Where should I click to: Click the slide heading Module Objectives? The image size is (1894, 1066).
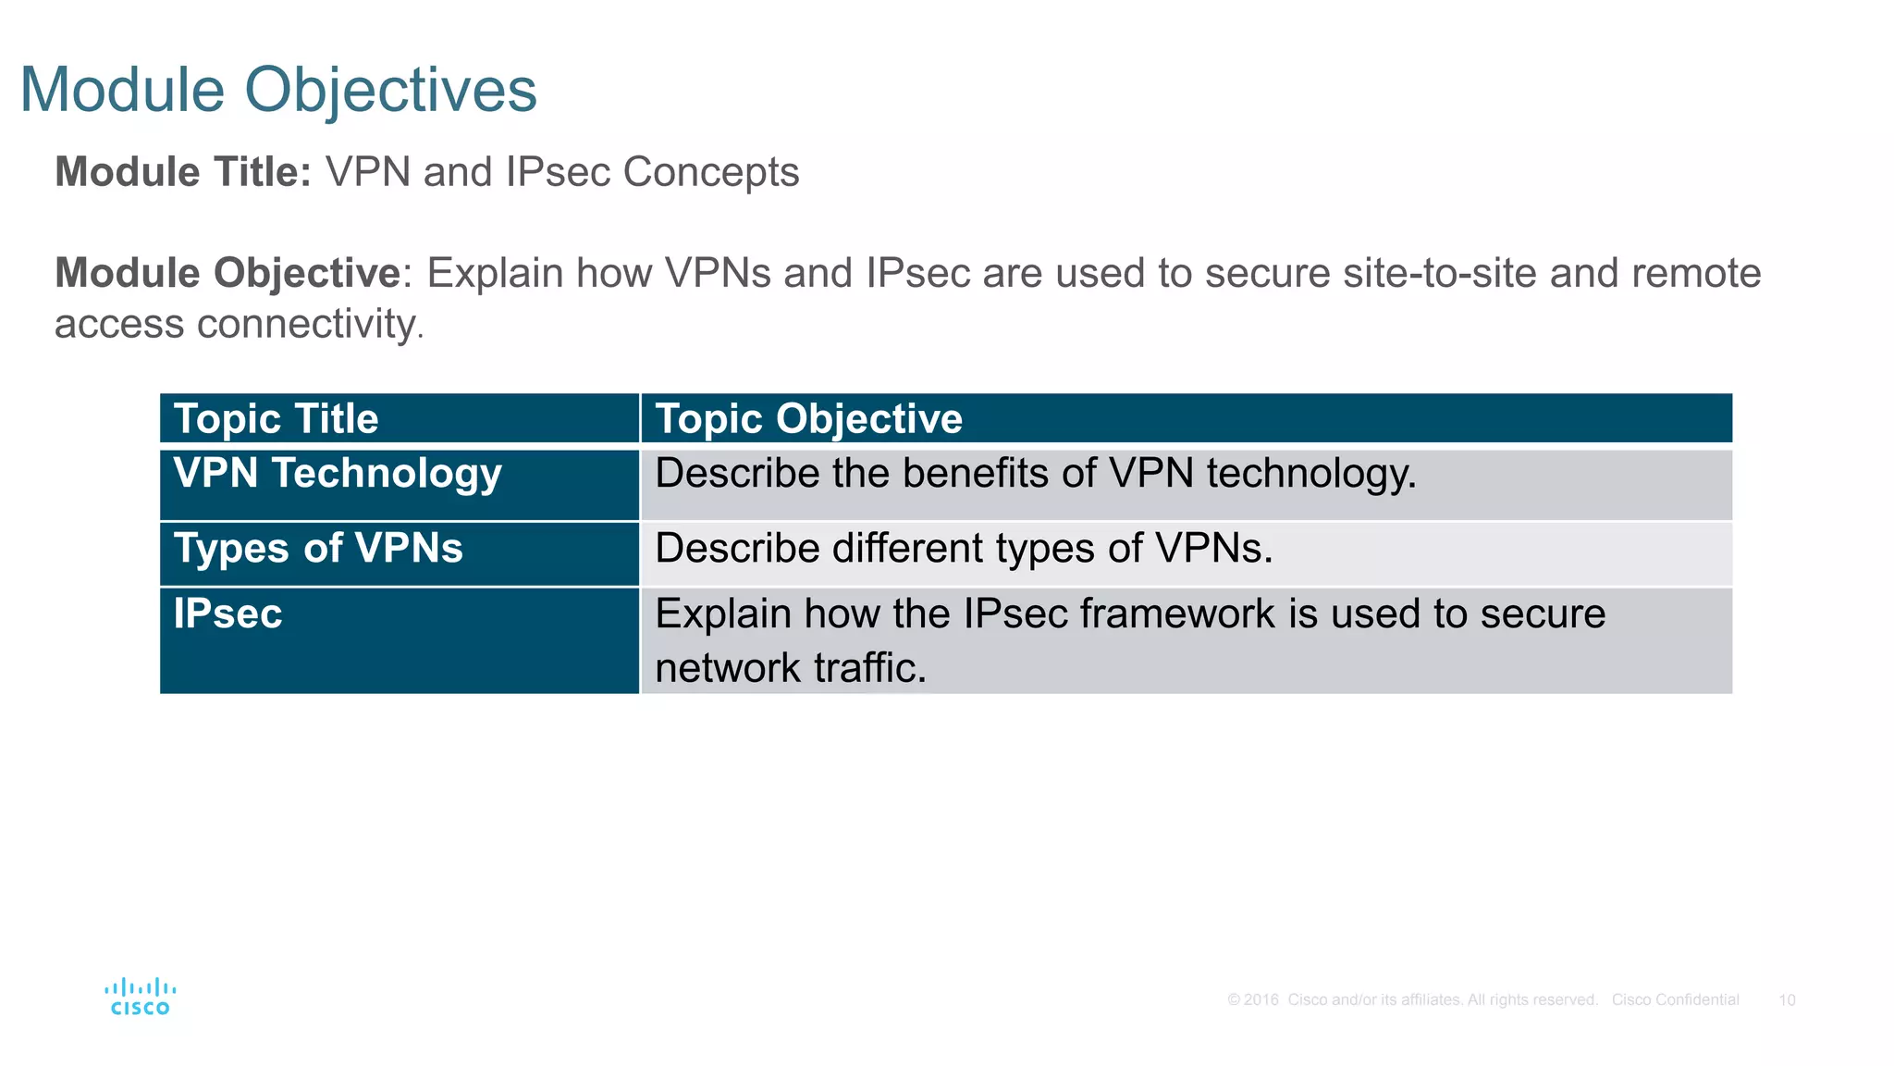[277, 90]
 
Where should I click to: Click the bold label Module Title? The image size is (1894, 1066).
[183, 172]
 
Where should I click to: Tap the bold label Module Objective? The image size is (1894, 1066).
[228, 273]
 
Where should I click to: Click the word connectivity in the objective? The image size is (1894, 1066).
[305, 324]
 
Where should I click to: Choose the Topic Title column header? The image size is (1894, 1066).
[276, 419]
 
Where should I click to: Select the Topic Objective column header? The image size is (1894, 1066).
[808, 419]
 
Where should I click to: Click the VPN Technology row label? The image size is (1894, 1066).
[338, 474]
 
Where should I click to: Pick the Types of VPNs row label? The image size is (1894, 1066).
[318, 548]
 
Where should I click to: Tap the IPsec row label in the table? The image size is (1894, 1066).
[228, 614]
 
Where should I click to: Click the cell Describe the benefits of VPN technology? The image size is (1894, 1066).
[1035, 474]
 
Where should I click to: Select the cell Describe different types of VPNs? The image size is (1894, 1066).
[964, 548]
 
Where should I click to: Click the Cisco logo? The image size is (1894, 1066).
[141, 997]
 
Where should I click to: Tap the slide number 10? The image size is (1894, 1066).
[1787, 1000]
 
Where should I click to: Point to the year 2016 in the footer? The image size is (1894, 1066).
[1261, 1000]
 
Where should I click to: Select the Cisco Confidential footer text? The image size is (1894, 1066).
[1675, 1000]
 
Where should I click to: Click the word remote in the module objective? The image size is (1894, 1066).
[1696, 273]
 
